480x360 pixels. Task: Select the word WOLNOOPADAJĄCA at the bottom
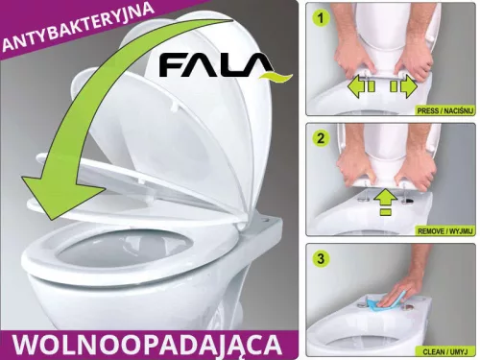(148, 344)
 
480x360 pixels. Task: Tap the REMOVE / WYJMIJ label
(441, 232)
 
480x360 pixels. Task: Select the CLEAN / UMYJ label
(448, 351)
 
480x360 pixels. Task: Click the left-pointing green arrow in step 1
(358, 87)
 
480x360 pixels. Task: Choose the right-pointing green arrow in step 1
(403, 87)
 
